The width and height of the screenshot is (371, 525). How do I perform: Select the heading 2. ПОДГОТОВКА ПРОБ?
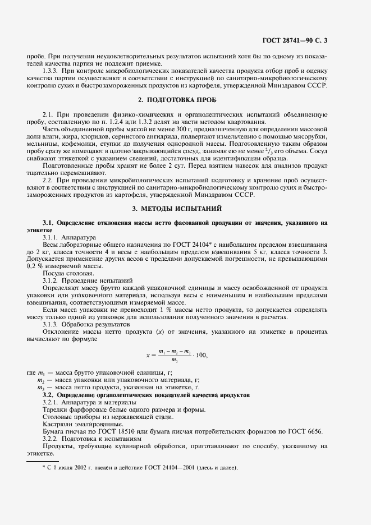click(177, 99)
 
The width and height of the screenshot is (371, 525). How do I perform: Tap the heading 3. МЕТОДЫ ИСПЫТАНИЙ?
click(177, 208)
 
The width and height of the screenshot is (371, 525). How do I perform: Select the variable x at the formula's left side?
click(148, 355)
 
